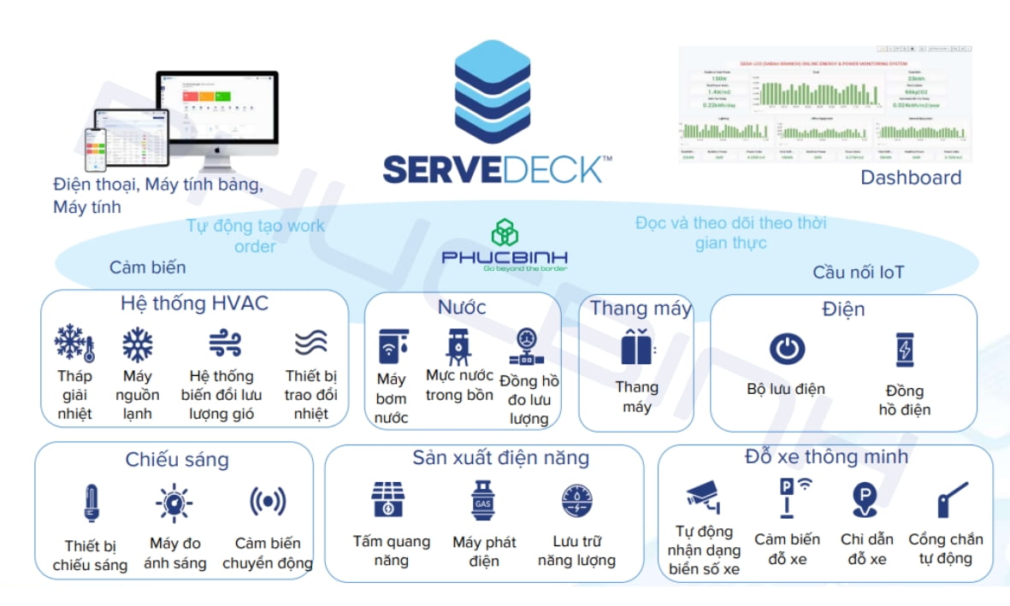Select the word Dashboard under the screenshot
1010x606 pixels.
click(x=911, y=178)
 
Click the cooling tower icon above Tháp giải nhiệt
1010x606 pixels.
click(x=75, y=344)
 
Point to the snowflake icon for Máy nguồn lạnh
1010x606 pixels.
click(x=137, y=344)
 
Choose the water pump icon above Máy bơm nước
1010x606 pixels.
click(x=393, y=347)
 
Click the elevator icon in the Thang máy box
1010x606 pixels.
click(x=636, y=349)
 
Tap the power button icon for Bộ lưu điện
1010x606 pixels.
click(x=786, y=350)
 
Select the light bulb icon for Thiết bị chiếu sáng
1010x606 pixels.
click(x=91, y=503)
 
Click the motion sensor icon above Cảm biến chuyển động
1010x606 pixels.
click(x=268, y=503)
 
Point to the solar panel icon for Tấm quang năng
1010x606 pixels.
click(x=391, y=501)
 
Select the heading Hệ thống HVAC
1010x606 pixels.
click(x=194, y=303)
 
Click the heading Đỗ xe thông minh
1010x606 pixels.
click(x=826, y=456)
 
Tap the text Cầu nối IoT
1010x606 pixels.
click(x=858, y=273)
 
